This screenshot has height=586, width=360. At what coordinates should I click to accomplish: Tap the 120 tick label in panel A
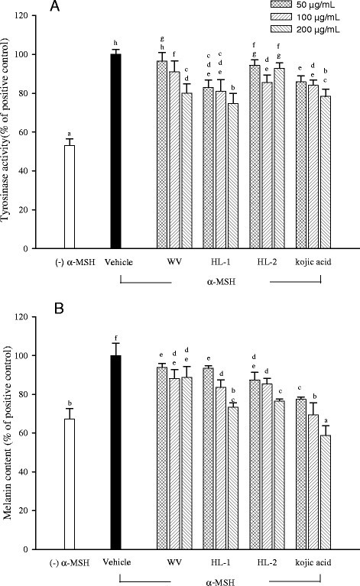click(x=30, y=15)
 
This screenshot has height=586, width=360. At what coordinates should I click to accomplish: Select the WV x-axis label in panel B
click(x=174, y=563)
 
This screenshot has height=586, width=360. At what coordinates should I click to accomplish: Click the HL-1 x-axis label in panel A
click(x=219, y=263)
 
